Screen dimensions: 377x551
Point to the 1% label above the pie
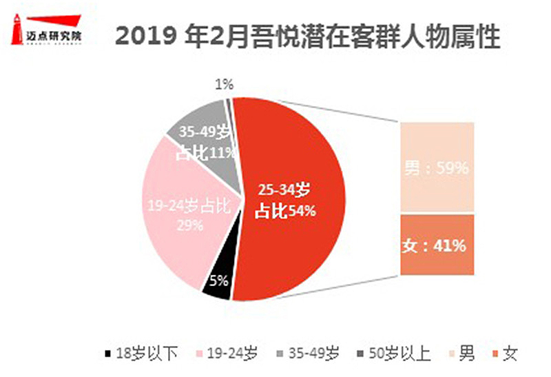pos(225,85)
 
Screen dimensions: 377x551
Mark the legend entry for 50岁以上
pos(397,354)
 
